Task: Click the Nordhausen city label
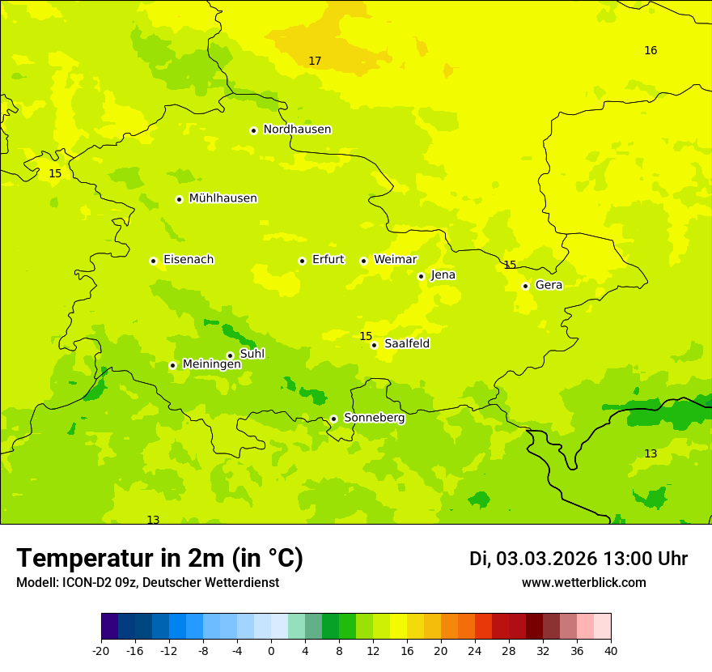(x=297, y=130)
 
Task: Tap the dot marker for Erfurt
(x=302, y=261)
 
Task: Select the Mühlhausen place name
(x=222, y=198)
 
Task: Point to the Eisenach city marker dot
(x=153, y=261)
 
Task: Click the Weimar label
(x=395, y=260)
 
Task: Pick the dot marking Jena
(x=421, y=276)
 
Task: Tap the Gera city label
(x=549, y=285)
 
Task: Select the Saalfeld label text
(x=407, y=344)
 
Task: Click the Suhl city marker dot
(x=230, y=355)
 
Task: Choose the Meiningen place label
(x=211, y=364)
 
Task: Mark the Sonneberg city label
(x=374, y=418)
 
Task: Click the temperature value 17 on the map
(x=315, y=62)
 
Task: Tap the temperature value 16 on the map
(x=651, y=51)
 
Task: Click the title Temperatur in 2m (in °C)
(x=159, y=559)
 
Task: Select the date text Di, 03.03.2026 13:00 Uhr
(x=578, y=559)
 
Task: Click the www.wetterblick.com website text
(x=583, y=583)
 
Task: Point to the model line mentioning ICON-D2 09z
(x=147, y=583)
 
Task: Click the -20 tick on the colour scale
(x=101, y=651)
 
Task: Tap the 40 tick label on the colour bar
(x=611, y=651)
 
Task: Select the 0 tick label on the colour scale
(x=271, y=651)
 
